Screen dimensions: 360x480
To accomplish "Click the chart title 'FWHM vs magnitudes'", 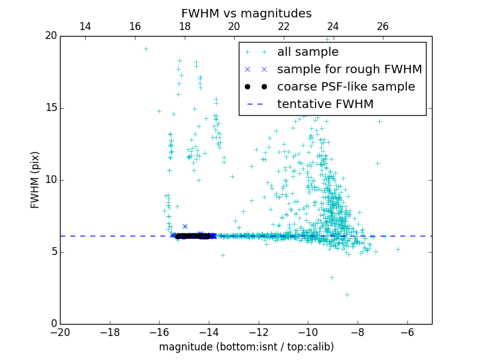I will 246,13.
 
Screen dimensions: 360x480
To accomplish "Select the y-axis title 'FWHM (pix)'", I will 35,179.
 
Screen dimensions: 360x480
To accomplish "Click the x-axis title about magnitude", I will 246,347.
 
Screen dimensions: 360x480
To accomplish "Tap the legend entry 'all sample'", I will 307,52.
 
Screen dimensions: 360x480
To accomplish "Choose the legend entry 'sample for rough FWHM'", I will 349,70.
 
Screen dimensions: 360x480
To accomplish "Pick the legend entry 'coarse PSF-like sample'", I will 346,87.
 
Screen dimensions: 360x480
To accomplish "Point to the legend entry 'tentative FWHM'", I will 325,104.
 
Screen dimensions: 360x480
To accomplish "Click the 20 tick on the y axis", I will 50,36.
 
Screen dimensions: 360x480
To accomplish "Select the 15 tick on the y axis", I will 50,108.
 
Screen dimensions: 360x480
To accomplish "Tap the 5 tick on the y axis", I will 53,252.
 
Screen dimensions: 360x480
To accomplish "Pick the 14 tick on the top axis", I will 85,26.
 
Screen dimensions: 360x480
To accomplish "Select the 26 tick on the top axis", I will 383,26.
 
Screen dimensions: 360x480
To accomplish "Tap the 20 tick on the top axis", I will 234,26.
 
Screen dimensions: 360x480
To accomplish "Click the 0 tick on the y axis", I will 53,324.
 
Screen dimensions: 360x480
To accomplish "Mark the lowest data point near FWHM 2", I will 347,295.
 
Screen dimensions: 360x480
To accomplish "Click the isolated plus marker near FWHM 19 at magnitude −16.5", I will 146,49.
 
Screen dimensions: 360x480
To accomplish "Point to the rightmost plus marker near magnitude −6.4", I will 398,249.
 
